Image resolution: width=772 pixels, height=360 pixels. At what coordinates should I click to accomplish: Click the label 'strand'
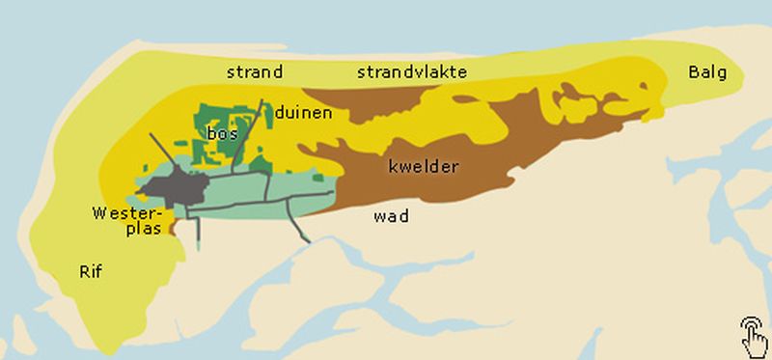tap(255, 71)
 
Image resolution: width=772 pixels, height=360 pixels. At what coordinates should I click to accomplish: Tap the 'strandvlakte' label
tap(412, 71)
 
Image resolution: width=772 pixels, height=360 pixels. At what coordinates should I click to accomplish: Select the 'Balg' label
tap(707, 72)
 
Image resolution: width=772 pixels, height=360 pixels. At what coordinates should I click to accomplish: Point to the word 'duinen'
tap(303, 113)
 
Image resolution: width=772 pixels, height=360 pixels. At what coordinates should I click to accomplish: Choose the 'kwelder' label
tap(423, 167)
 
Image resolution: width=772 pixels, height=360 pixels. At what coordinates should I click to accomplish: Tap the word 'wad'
tap(391, 216)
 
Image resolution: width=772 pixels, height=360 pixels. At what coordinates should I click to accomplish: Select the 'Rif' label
tap(90, 272)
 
